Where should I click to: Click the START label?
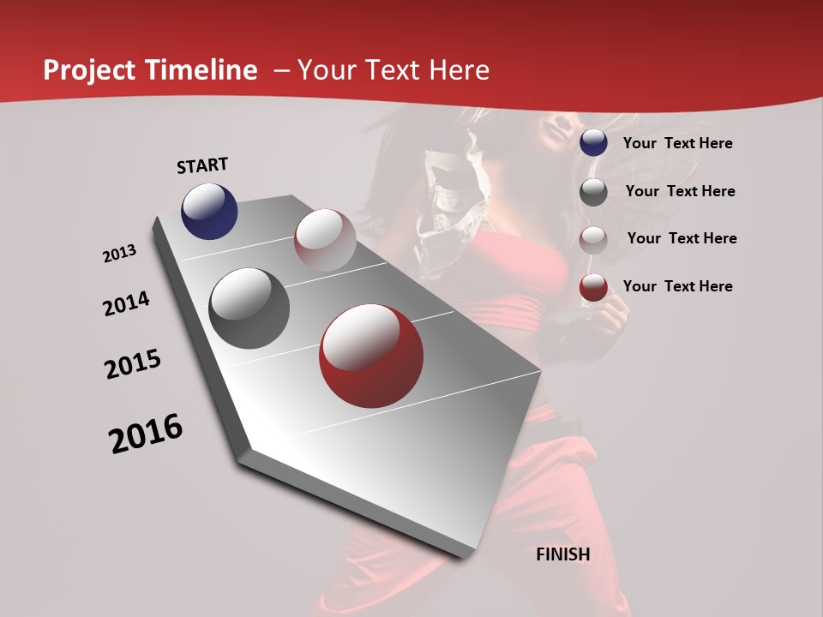pyautogui.click(x=202, y=165)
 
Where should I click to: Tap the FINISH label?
pyautogui.click(x=563, y=554)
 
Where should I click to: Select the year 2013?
pyautogui.click(x=119, y=254)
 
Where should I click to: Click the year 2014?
pyautogui.click(x=126, y=304)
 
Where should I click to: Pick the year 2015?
pyautogui.click(x=133, y=364)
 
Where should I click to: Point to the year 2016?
pyautogui.click(x=146, y=434)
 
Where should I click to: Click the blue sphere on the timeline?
pyautogui.click(x=209, y=211)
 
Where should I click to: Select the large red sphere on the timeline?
pyautogui.click(x=371, y=356)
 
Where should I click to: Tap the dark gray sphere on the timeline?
pyautogui.click(x=249, y=308)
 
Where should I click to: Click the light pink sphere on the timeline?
pyautogui.click(x=325, y=239)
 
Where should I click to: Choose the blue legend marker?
pyautogui.click(x=593, y=143)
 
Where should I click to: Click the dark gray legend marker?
pyautogui.click(x=593, y=192)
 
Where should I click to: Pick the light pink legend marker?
pyautogui.click(x=593, y=240)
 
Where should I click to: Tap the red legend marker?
pyautogui.click(x=593, y=288)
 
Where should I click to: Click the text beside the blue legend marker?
pyautogui.click(x=677, y=143)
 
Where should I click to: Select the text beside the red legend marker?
pyautogui.click(x=677, y=286)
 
